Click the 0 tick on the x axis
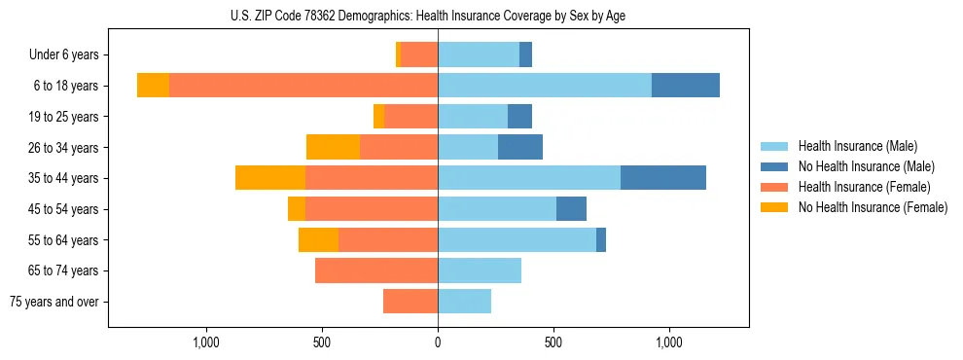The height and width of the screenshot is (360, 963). pyautogui.click(x=438, y=342)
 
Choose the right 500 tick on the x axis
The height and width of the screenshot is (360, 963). pyautogui.click(x=553, y=342)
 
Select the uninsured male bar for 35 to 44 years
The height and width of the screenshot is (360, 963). pyautogui.click(x=663, y=178)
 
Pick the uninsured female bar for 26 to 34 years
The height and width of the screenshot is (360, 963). pyautogui.click(x=333, y=147)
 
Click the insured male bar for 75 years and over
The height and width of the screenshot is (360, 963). pyautogui.click(x=464, y=302)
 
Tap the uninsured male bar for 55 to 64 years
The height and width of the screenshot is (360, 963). pyautogui.click(x=601, y=239)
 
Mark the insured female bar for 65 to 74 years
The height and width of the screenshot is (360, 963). pyautogui.click(x=376, y=270)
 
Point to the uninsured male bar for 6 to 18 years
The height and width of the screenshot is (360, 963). pyautogui.click(x=686, y=86)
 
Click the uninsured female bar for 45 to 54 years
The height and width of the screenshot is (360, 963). pyautogui.click(x=297, y=209)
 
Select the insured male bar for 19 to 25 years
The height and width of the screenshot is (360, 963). pyautogui.click(x=473, y=117)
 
